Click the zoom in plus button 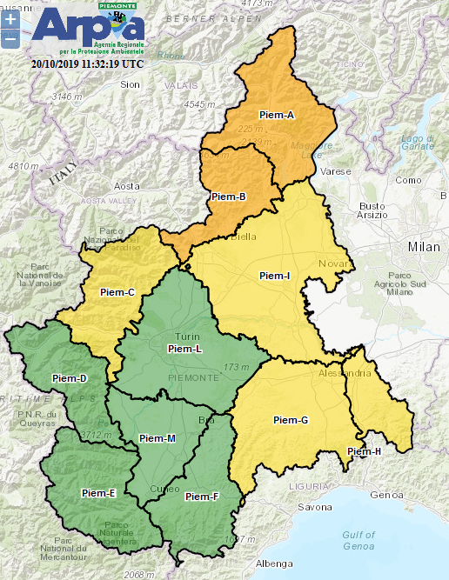pyautogui.click(x=10, y=18)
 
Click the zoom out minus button pyautogui.click(x=10, y=38)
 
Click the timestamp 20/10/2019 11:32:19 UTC pyautogui.click(x=87, y=63)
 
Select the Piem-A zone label pyautogui.click(x=277, y=115)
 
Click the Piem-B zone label pyautogui.click(x=229, y=197)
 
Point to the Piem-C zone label pyautogui.click(x=117, y=292)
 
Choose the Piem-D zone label pyautogui.click(x=70, y=378)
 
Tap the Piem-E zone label pyautogui.click(x=98, y=493)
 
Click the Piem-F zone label pyautogui.click(x=202, y=497)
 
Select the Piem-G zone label pyautogui.click(x=291, y=420)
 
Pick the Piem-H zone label pyautogui.click(x=364, y=451)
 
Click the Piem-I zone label pyautogui.click(x=275, y=276)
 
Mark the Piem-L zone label pyautogui.click(x=184, y=348)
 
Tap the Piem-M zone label pyautogui.click(x=157, y=438)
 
